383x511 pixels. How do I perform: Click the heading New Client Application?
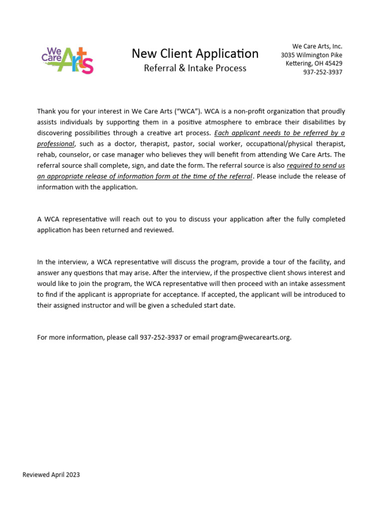[195, 53]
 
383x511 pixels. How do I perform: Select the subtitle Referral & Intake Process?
[195, 68]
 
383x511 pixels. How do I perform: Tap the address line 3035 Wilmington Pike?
[311, 55]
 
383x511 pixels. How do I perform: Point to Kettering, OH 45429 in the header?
[314, 63]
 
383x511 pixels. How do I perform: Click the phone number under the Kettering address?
[323, 72]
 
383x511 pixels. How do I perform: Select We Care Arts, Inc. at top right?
[317, 46]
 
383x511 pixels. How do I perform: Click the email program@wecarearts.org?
[250, 337]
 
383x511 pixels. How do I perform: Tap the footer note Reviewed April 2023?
[51, 475]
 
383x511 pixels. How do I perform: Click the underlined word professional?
[55, 144]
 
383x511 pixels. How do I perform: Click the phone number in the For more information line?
[161, 337]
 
